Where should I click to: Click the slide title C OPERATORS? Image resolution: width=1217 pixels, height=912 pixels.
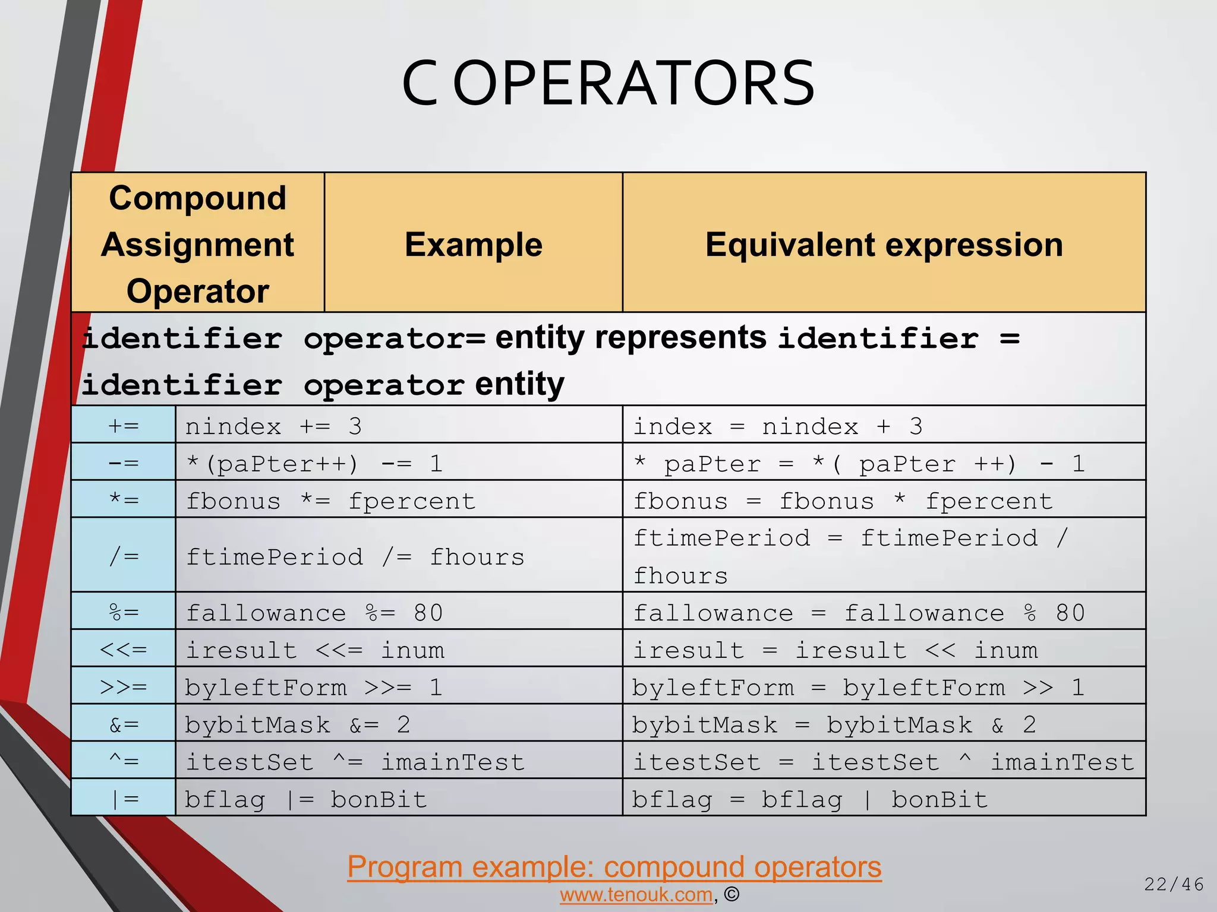pyautogui.click(x=608, y=84)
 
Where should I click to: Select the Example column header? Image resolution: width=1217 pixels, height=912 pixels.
pyautogui.click(x=473, y=244)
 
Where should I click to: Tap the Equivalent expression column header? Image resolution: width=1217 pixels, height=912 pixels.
pyautogui.click(x=884, y=244)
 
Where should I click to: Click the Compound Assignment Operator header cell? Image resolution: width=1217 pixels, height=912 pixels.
pyautogui.click(x=197, y=244)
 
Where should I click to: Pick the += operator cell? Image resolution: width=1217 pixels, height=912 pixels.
pyautogui.click(x=124, y=426)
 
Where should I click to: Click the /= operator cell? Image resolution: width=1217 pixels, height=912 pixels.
pyautogui.click(x=124, y=556)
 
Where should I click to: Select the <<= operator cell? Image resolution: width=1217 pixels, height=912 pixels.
pyautogui.click(x=124, y=649)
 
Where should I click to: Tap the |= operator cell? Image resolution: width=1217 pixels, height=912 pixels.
pyautogui.click(x=124, y=799)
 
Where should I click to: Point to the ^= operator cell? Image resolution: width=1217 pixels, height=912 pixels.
pyautogui.click(x=124, y=761)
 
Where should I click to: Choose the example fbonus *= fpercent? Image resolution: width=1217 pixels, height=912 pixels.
pyautogui.click(x=330, y=501)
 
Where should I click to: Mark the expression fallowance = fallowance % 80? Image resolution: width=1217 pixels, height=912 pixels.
pyautogui.click(x=858, y=613)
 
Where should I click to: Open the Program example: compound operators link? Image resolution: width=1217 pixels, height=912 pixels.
pyautogui.click(x=614, y=866)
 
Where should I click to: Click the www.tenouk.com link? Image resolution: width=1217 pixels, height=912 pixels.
pyautogui.click(x=636, y=894)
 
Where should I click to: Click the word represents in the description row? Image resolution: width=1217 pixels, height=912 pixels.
pyautogui.click(x=680, y=338)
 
